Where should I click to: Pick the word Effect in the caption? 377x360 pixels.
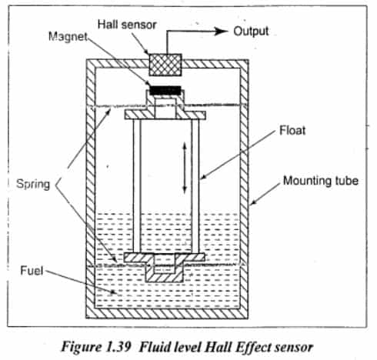[251, 343]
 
